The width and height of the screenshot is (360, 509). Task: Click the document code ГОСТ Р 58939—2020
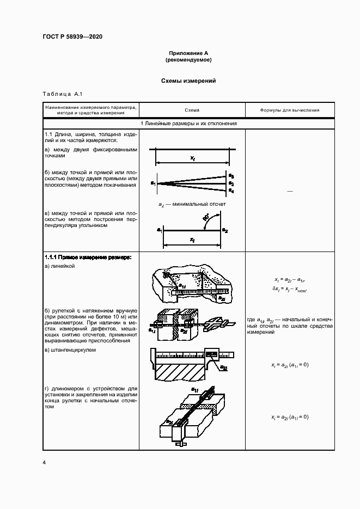point(72,37)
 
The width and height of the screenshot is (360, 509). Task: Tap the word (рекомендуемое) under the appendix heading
point(188,60)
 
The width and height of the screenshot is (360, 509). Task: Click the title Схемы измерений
point(188,81)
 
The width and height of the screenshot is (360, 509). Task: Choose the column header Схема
point(192,111)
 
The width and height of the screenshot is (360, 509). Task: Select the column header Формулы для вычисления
point(289,111)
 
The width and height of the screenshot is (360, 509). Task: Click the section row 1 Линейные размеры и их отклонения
point(188,124)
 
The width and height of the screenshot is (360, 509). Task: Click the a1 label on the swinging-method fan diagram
point(154,183)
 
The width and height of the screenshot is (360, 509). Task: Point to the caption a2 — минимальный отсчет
point(192,204)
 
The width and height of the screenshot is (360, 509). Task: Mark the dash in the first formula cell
point(289,191)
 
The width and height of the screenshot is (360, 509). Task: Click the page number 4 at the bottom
point(44,463)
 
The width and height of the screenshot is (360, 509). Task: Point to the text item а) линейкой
point(59,266)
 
